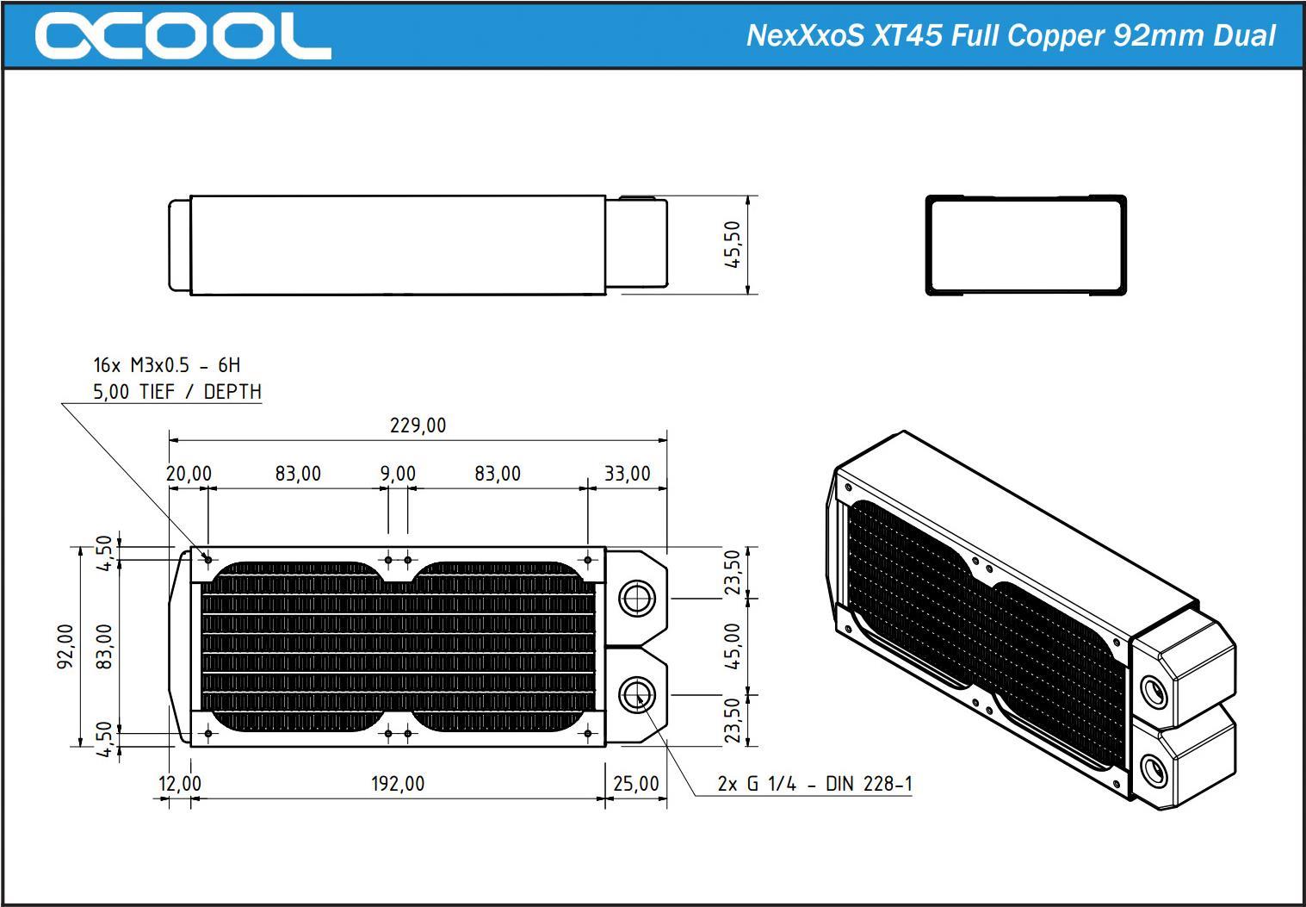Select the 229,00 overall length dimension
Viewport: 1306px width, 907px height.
tap(418, 426)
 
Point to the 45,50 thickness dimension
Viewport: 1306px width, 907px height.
tap(733, 245)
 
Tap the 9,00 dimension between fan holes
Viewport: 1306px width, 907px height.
tap(398, 474)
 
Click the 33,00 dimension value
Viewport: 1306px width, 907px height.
tap(627, 474)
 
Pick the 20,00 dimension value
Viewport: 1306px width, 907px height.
tap(189, 474)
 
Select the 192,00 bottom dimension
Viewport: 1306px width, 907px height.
tap(398, 784)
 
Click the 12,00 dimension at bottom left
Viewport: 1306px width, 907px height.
tap(180, 784)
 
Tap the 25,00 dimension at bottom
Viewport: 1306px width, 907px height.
tap(636, 784)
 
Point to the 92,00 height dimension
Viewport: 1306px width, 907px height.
tap(66, 646)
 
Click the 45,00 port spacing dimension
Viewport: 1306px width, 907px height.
tap(733, 646)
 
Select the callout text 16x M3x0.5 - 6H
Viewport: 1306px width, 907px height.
tap(167, 365)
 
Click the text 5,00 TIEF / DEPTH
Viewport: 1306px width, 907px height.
tap(177, 392)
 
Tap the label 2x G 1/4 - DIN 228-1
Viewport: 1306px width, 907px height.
tap(814, 784)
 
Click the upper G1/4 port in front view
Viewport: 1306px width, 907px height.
tap(637, 597)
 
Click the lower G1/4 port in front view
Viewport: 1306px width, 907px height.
tap(637, 694)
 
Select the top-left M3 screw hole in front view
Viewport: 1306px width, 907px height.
tap(207, 560)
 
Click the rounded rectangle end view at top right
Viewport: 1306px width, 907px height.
tap(1025, 245)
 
